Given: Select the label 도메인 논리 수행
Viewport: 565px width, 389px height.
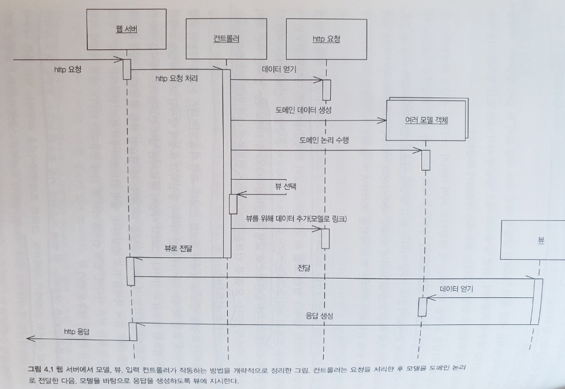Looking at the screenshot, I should coord(325,140).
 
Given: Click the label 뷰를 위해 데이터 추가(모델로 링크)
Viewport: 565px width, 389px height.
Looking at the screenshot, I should coord(297,218).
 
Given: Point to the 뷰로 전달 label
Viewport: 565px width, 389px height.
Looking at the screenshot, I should coord(178,249).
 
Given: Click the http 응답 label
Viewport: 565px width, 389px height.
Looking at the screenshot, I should coord(77,332).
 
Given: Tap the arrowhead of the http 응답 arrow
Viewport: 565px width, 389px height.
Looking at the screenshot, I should coord(30,339).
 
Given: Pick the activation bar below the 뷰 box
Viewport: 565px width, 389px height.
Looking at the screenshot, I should coord(536,301).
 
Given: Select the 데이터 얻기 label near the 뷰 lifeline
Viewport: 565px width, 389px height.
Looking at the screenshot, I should coord(457,289).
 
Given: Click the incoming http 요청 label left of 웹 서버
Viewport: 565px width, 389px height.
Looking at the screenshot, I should coord(68,69).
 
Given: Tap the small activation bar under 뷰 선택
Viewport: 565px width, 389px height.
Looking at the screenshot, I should coord(233,203).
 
